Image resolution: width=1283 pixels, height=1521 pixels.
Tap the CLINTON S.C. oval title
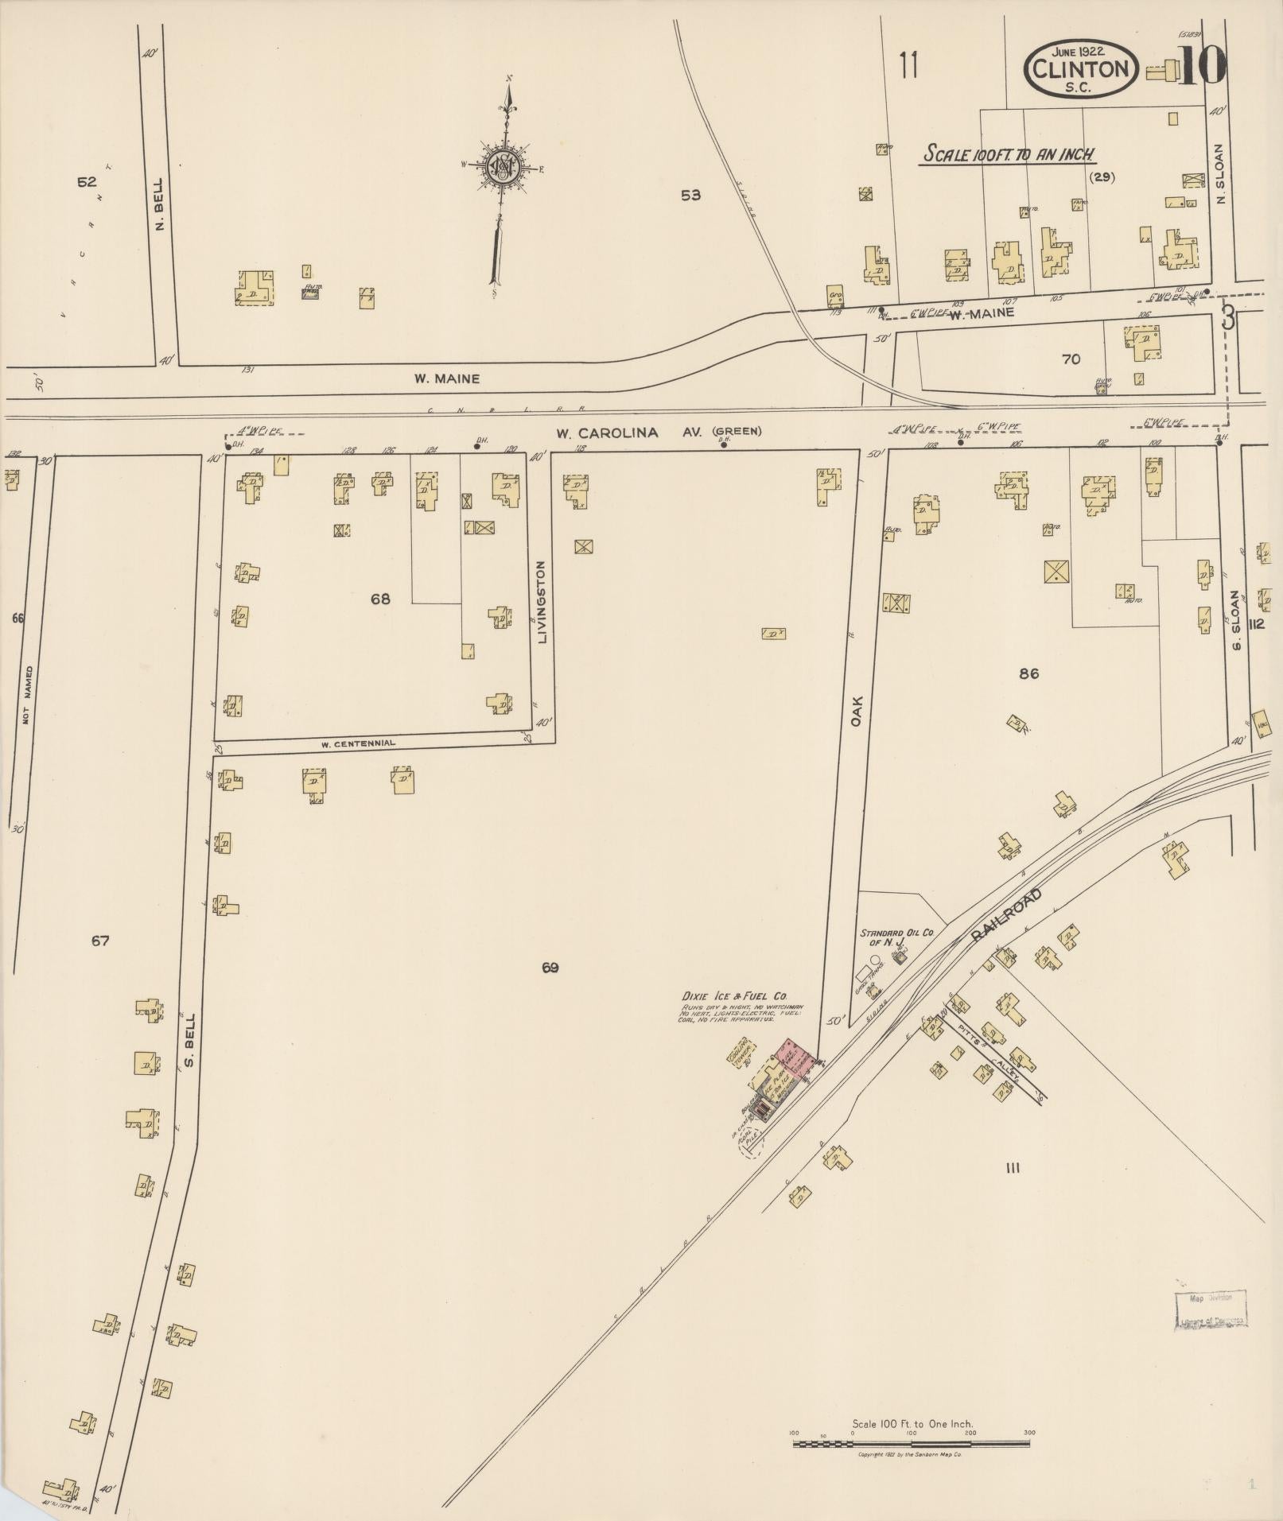tap(1081, 68)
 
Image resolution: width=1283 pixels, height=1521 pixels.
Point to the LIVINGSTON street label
tap(542, 602)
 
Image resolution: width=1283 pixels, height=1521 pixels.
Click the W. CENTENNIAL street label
tap(358, 744)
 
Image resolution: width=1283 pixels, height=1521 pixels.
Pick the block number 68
tap(380, 599)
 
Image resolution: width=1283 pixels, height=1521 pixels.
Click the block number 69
tap(550, 968)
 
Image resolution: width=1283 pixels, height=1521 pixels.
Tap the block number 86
tap(1028, 673)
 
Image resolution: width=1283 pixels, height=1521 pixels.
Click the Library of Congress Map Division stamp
tap(1211, 1309)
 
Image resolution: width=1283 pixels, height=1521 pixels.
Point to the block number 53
tap(690, 195)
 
